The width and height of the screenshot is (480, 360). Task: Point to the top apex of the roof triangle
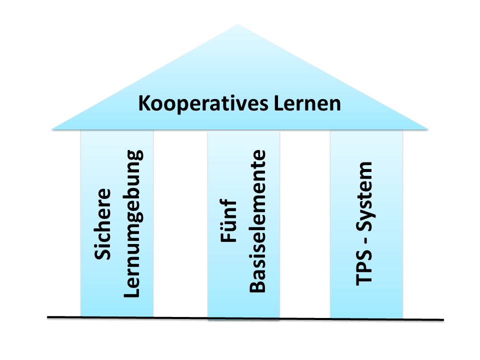pos(238,24)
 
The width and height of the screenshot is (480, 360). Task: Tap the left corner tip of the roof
pos(52,129)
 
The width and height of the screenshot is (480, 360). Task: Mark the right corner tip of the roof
pos(427,129)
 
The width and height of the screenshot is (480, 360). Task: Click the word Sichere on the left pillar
pos(103,223)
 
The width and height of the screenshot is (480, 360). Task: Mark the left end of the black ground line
pos(48,317)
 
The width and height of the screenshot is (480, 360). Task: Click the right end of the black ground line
pos(443,319)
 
